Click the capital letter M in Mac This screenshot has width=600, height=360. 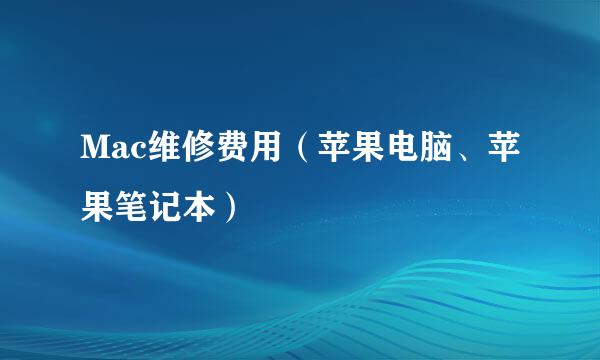click(x=93, y=151)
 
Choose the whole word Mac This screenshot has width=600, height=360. click(x=113, y=152)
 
